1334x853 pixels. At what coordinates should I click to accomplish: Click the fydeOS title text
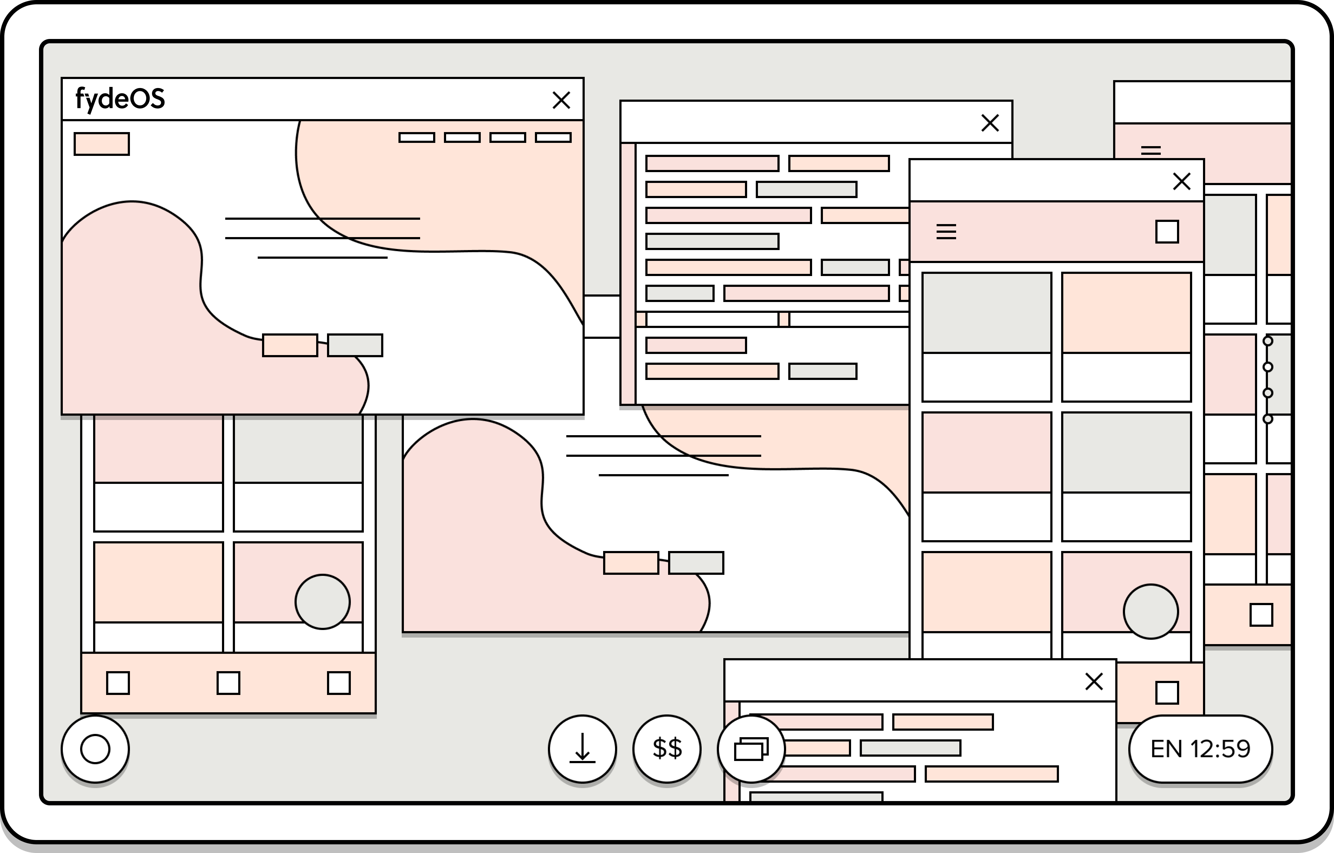tap(120, 99)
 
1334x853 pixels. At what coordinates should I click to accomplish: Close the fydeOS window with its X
tap(561, 100)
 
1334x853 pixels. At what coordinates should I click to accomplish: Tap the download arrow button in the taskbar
tap(582, 749)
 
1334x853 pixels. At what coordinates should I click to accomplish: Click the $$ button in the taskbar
tap(667, 749)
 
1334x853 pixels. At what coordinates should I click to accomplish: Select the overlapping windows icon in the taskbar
tap(751, 749)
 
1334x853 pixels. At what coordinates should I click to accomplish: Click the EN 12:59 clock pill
tap(1200, 749)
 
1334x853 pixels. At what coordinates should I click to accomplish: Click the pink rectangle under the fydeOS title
tap(101, 144)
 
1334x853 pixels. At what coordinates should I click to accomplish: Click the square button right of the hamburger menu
tap(1167, 232)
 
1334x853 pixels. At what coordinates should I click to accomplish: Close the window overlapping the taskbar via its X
tap(1094, 681)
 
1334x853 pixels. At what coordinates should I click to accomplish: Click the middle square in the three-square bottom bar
tap(228, 683)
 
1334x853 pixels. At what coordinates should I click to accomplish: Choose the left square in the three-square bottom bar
tap(118, 683)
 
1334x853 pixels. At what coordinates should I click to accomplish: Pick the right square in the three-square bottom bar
tap(339, 683)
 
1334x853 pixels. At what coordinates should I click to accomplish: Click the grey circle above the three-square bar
tap(322, 602)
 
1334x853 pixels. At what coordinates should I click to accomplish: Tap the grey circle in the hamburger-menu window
tap(1151, 612)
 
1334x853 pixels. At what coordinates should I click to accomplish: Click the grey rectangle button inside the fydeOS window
tap(355, 345)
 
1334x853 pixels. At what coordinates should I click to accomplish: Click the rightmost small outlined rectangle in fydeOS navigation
tap(553, 137)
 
